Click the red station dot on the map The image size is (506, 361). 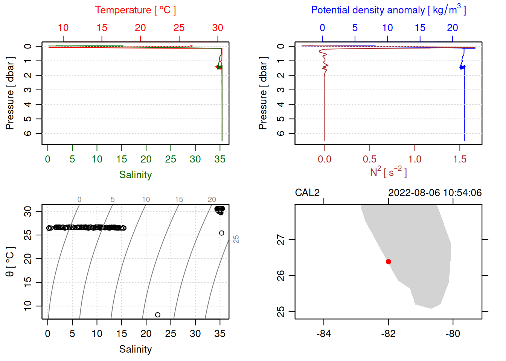click(x=388, y=262)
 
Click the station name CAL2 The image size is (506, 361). click(x=307, y=193)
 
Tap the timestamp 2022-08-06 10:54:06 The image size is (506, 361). click(x=435, y=193)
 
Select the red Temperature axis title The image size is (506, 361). click(x=136, y=10)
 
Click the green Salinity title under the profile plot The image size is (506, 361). click(x=136, y=175)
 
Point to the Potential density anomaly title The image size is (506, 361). click(x=388, y=10)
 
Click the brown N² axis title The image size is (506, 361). click(x=388, y=172)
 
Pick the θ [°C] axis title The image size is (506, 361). click(x=10, y=262)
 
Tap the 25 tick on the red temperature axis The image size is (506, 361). click(x=179, y=28)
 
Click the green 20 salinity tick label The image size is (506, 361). click(x=146, y=159)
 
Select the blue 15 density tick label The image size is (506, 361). click(x=420, y=28)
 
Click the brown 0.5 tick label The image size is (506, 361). click(x=370, y=159)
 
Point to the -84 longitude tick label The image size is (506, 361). click(x=324, y=334)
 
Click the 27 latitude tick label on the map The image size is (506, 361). click(x=281, y=240)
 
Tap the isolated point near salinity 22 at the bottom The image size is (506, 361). click(x=158, y=315)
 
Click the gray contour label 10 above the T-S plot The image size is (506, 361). click(x=146, y=200)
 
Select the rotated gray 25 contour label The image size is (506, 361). click(x=236, y=239)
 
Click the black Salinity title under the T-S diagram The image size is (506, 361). click(x=136, y=349)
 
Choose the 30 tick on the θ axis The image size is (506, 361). click(x=28, y=211)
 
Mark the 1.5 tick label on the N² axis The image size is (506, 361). click(x=460, y=159)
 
